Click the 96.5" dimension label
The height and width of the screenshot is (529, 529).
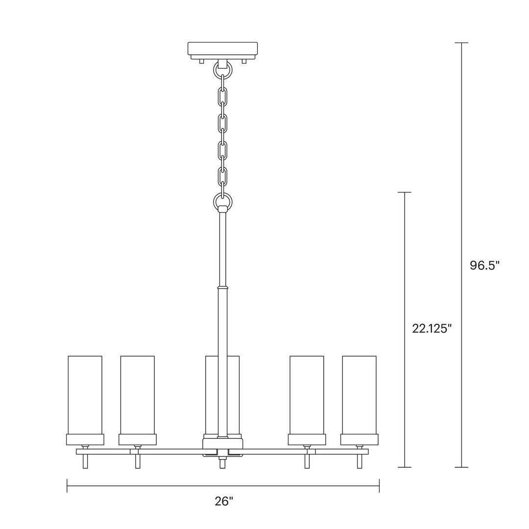point(484,265)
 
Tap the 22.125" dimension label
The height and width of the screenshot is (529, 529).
point(431,329)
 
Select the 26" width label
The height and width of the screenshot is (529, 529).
point(223,501)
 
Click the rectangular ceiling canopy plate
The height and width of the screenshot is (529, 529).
point(223,49)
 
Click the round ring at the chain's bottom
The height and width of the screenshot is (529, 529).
point(223,200)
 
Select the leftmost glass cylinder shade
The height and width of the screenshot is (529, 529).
point(85,394)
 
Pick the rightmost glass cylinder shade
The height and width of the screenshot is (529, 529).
point(359,394)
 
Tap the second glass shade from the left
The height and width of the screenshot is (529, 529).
point(138,394)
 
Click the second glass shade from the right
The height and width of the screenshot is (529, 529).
point(307,394)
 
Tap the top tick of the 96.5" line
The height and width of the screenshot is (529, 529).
point(461,43)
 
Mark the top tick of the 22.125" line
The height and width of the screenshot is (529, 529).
point(404,192)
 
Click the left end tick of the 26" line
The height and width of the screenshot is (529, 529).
point(67,486)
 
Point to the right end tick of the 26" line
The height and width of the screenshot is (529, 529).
point(379,486)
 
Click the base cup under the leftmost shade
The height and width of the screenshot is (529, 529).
point(85,439)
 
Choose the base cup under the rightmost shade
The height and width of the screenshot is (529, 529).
point(359,439)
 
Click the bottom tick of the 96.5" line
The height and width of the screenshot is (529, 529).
point(461,467)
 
